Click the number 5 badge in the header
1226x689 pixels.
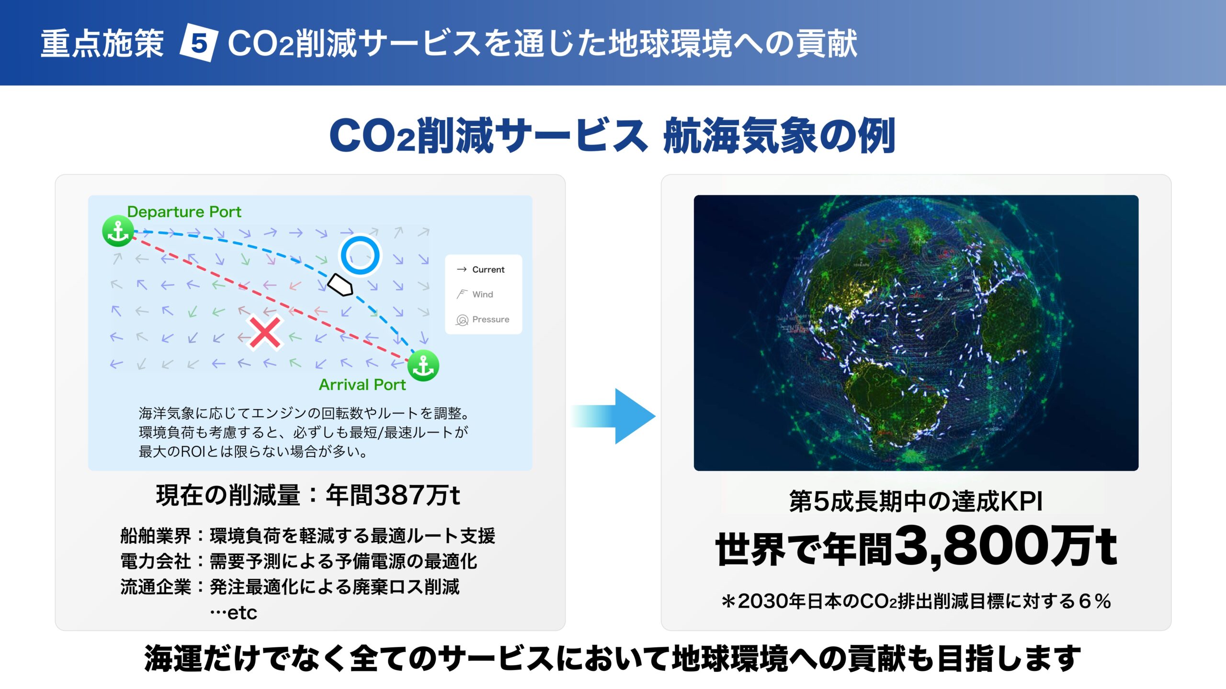(x=199, y=43)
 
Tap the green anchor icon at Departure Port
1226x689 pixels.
(x=118, y=231)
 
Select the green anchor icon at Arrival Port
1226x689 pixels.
(x=423, y=366)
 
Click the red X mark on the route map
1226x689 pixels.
(x=265, y=333)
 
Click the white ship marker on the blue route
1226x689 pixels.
(x=340, y=285)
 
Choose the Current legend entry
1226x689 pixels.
(x=481, y=269)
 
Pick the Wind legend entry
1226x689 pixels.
(x=475, y=294)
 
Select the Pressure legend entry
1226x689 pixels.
(x=483, y=320)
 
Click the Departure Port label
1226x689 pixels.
(x=184, y=211)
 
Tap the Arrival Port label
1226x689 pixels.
(x=362, y=385)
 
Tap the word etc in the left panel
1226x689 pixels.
(x=242, y=612)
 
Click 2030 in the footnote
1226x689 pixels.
(x=764, y=601)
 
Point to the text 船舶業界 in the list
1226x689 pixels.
(x=156, y=536)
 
